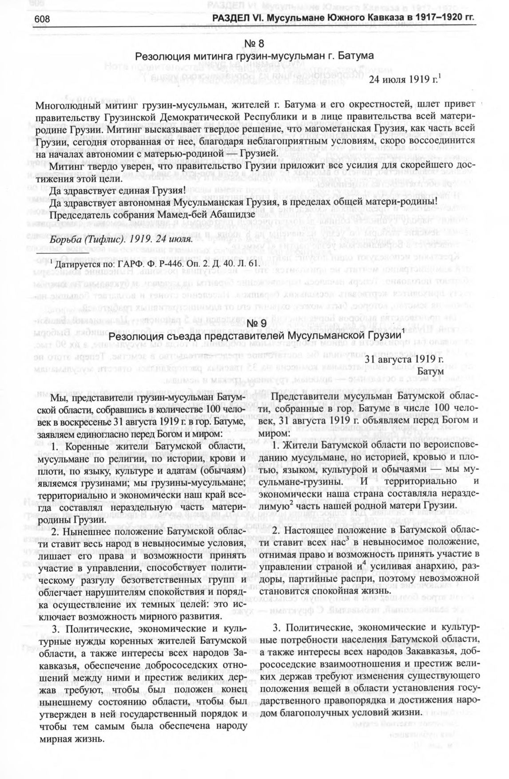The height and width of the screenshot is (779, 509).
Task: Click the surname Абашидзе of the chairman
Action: tap(234, 215)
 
